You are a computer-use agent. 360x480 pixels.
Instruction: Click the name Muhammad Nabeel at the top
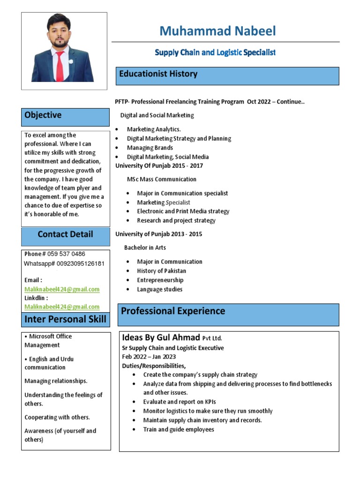[217, 31]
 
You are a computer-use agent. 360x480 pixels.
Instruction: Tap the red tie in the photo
[60, 66]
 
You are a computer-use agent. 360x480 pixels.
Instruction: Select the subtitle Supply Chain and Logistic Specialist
[215, 53]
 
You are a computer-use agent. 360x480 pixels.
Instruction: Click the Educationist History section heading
[158, 74]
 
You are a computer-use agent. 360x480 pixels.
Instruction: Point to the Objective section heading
[43, 115]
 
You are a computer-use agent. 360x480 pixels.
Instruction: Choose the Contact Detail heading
[65, 234]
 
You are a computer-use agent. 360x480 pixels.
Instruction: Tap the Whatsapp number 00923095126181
[77, 263]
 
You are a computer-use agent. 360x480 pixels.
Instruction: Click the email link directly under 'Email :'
[62, 289]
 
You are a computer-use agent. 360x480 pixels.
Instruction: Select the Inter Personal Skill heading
[65, 320]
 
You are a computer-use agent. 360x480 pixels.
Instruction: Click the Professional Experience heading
[173, 311]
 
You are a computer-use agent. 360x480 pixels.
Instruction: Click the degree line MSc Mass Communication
[161, 180]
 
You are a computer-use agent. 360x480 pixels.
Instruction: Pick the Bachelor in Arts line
[145, 247]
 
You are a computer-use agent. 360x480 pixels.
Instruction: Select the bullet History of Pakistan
[161, 271]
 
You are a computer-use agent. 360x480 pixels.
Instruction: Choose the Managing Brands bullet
[150, 148]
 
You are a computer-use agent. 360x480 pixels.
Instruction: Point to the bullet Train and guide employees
[179, 429]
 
